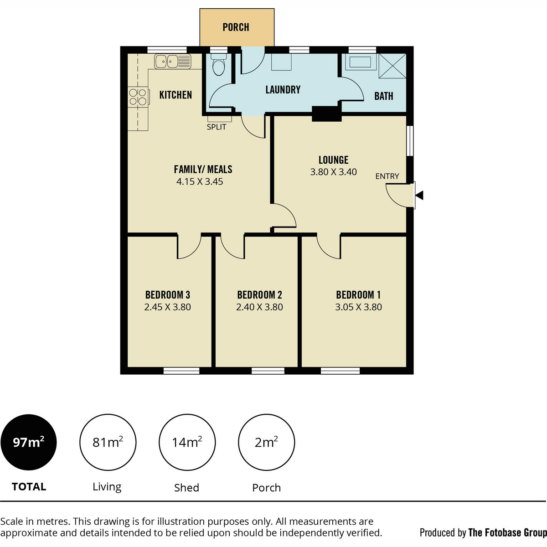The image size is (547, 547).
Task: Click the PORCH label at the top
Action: (x=236, y=27)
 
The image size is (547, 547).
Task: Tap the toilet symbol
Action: (x=219, y=64)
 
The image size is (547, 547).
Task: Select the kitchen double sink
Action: (x=173, y=62)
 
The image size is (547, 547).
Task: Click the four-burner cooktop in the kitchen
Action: (x=138, y=97)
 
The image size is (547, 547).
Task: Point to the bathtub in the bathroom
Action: (x=360, y=62)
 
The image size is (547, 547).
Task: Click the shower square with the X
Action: (x=392, y=66)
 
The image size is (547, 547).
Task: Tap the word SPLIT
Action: (x=217, y=127)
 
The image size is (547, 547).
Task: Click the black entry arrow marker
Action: (x=419, y=195)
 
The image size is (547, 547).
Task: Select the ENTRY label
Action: (x=387, y=176)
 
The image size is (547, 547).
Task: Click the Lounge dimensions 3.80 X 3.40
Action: (x=333, y=172)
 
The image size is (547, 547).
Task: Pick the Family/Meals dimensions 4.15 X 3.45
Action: (x=200, y=182)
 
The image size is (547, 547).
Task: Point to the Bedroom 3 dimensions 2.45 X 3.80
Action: (x=167, y=307)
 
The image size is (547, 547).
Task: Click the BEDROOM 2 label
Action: (x=259, y=295)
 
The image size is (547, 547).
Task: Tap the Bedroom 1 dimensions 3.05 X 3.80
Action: (x=358, y=307)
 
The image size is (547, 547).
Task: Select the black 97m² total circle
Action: (x=29, y=443)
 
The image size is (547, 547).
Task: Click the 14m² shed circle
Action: (x=187, y=443)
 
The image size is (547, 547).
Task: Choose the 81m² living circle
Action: (x=108, y=443)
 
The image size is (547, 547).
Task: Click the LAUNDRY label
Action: (x=283, y=90)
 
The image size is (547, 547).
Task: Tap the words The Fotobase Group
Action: (x=507, y=533)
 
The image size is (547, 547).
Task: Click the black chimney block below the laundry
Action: (x=326, y=114)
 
